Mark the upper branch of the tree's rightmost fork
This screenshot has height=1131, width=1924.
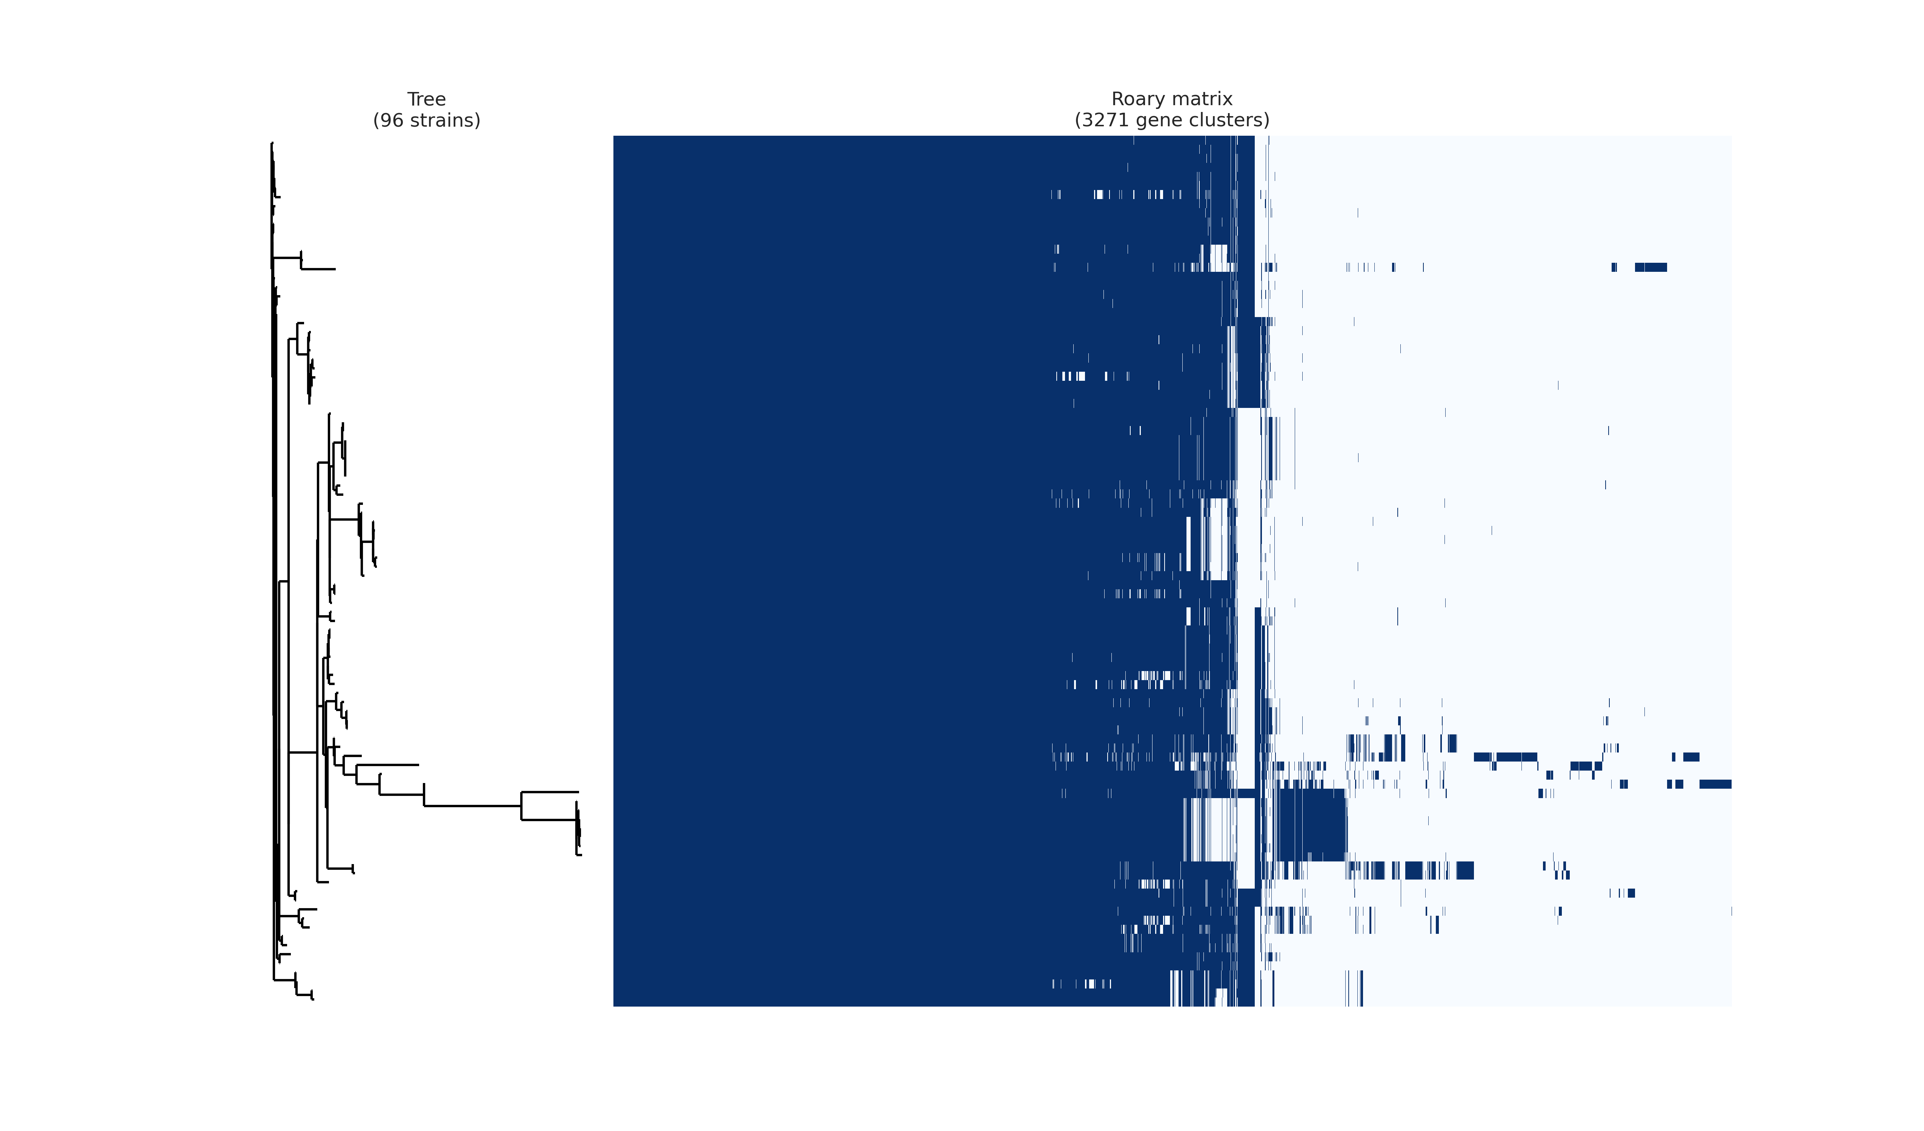point(550,792)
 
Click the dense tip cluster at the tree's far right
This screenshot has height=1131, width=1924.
point(578,832)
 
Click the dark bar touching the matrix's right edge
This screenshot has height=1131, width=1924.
point(1715,784)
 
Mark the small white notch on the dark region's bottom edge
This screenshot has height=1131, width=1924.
point(1221,998)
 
